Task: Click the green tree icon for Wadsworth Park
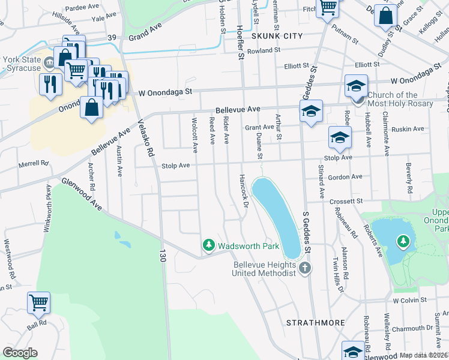(x=208, y=245)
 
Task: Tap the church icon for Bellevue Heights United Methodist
(x=305, y=267)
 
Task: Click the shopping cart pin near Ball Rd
(x=38, y=303)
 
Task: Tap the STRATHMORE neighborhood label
(x=315, y=323)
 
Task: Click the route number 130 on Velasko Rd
(x=161, y=256)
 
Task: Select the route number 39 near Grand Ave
(x=112, y=37)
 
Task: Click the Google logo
(x=20, y=353)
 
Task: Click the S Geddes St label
(x=307, y=231)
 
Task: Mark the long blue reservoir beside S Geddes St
(x=276, y=216)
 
